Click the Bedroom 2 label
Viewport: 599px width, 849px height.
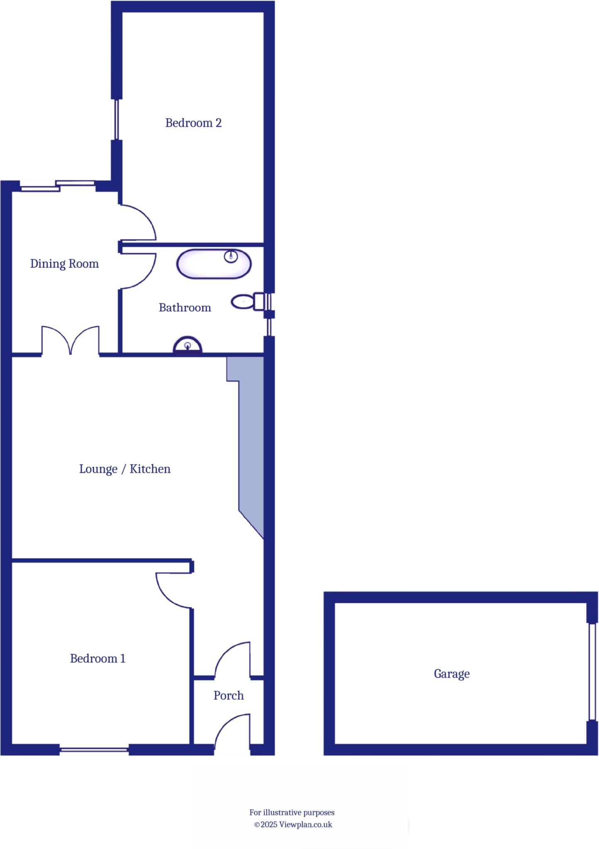pos(193,123)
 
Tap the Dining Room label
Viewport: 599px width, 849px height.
pos(64,264)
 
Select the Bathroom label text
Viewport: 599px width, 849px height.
pos(185,308)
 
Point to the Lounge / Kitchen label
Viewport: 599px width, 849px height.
pos(125,469)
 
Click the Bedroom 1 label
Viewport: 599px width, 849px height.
pos(97,658)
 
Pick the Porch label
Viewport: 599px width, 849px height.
pos(229,695)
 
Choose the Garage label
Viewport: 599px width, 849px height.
pos(452,674)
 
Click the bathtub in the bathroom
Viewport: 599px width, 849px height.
pos(214,264)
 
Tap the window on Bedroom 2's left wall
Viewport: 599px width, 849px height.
pos(117,119)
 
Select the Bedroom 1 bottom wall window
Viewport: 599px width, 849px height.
pos(94,749)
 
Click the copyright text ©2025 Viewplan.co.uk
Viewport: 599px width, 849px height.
pos(293,825)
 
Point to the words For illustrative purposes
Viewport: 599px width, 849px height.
pos(292,813)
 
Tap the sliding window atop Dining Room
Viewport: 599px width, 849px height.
pos(58,186)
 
